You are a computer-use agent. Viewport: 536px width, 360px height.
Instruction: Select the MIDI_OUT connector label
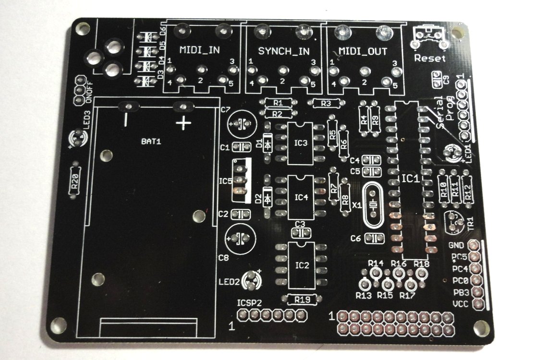[x=363, y=51]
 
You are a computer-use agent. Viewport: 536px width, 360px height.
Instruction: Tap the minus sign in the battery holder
[x=126, y=120]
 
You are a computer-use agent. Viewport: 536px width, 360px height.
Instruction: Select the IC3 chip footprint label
[x=301, y=143]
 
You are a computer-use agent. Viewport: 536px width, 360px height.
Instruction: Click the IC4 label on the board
[x=301, y=197]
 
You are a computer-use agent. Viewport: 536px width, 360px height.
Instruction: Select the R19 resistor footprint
[x=301, y=300]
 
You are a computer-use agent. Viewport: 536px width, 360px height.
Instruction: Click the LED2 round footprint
[x=251, y=280]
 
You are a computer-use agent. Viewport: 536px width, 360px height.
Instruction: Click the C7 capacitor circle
[x=242, y=124]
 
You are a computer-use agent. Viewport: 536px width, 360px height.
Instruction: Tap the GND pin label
[x=456, y=245]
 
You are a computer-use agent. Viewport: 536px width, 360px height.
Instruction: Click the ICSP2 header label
[x=249, y=303]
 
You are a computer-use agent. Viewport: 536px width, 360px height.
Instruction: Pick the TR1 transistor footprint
[x=454, y=222]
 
